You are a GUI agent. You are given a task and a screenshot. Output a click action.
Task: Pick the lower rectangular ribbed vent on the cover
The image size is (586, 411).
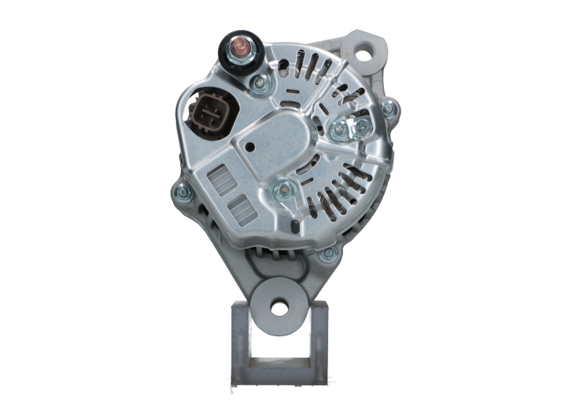click(238, 211)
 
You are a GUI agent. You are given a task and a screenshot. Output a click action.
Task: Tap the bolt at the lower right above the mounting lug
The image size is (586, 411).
click(327, 253)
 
